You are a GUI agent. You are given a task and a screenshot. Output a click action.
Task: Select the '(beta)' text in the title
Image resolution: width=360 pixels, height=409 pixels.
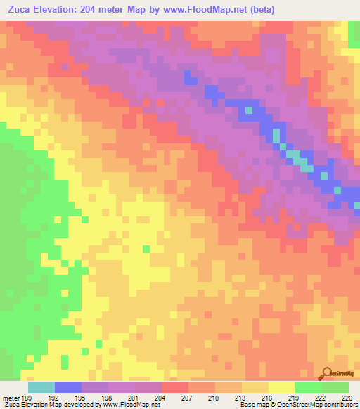point(259,10)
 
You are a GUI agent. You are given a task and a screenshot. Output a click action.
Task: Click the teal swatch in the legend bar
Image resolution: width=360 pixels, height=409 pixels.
point(41,387)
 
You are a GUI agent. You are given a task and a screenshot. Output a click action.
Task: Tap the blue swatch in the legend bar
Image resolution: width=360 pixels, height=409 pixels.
point(68,387)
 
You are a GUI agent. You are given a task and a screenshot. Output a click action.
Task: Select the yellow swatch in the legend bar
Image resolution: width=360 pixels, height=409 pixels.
point(282,387)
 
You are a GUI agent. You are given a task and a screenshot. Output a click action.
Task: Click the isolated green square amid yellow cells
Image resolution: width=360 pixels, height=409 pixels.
point(146,249)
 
